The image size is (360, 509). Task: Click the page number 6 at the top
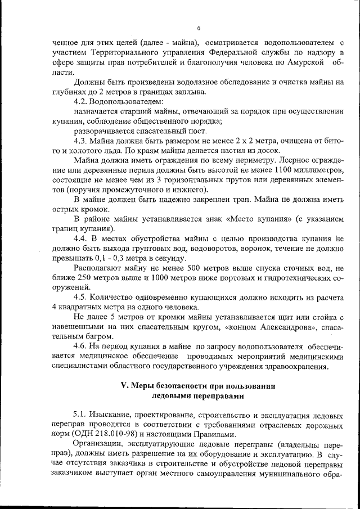click(199, 28)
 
